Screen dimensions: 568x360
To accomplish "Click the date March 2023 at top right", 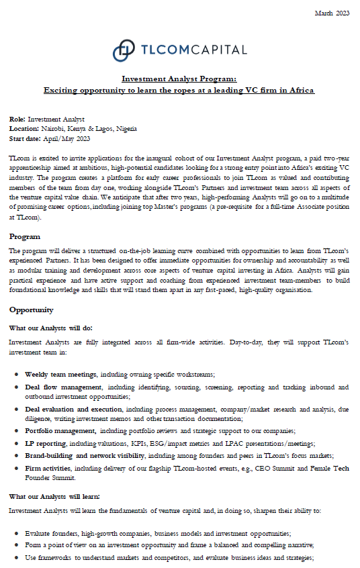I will (332, 13).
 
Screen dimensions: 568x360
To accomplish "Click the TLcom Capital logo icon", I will (123, 50).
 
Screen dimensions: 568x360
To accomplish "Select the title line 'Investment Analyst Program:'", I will (179, 79).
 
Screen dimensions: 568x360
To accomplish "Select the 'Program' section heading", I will (24, 236).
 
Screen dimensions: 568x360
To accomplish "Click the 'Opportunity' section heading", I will (32, 310).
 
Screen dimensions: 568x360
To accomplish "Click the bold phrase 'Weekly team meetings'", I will (61, 373).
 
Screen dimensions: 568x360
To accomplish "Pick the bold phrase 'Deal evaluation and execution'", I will (75, 409).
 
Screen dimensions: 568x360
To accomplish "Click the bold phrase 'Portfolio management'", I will (61, 430).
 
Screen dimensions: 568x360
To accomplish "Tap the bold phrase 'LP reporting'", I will (45, 444).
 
